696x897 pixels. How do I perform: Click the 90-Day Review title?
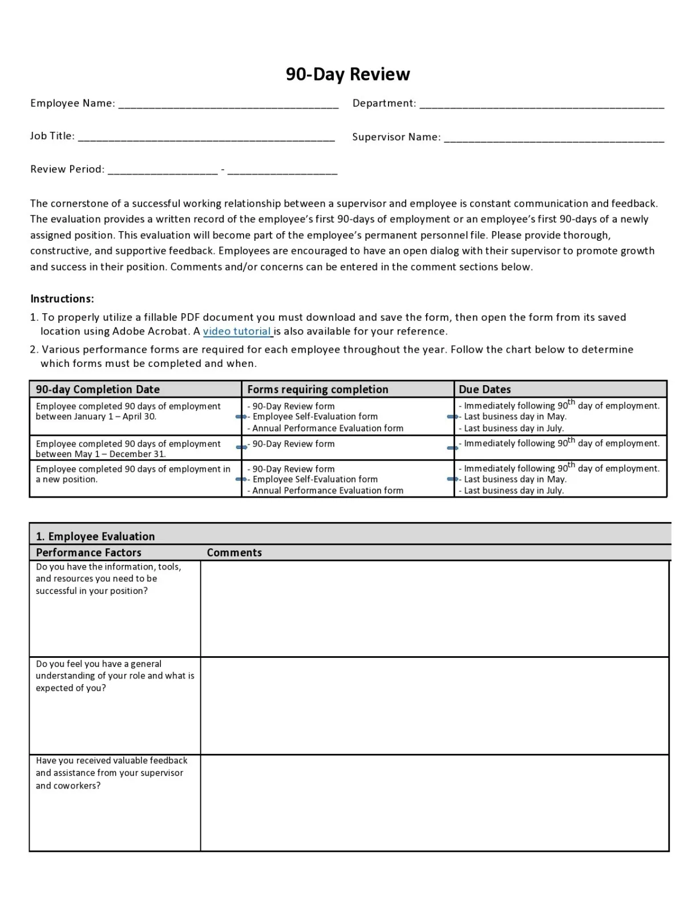tap(347, 74)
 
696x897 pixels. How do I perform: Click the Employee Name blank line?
tap(228, 104)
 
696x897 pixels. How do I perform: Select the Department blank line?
tap(541, 104)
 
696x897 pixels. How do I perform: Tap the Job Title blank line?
tap(206, 138)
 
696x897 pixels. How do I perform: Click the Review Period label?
tap(67, 169)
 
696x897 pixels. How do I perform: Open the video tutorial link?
tap(237, 332)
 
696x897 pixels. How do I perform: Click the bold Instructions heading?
tap(62, 299)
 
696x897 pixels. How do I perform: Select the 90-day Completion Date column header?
tap(98, 389)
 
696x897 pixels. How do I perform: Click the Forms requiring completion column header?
tap(317, 389)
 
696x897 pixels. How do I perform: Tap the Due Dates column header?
tap(484, 389)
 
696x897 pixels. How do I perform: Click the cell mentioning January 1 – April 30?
tap(128, 411)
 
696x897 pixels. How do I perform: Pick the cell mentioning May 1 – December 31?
tap(128, 448)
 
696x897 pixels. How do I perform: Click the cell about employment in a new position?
tap(132, 474)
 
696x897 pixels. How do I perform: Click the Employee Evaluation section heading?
tap(95, 536)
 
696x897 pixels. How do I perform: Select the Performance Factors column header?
tap(88, 552)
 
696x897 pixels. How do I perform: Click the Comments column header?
tap(234, 552)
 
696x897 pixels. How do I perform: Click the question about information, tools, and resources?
tap(108, 579)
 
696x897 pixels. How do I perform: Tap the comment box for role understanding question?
tap(434, 706)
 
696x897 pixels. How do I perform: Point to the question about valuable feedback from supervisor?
tap(111, 773)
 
